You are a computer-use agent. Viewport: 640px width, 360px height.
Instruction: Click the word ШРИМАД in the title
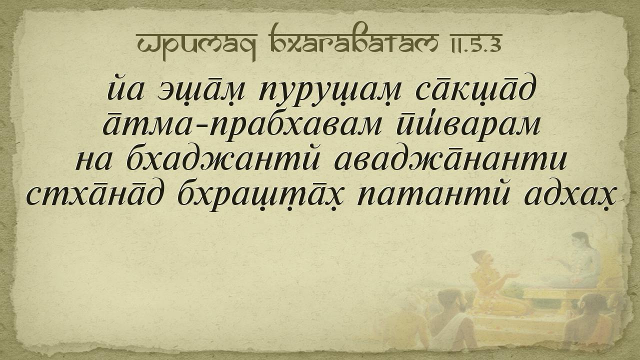(x=197, y=43)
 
